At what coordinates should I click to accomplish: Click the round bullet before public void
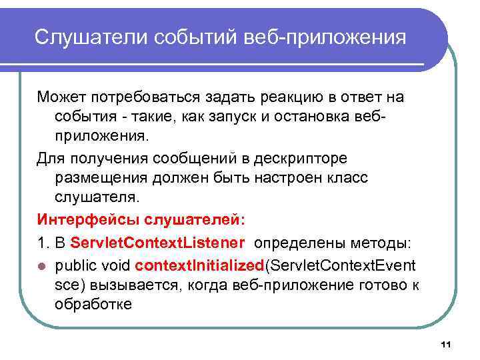tap(41, 266)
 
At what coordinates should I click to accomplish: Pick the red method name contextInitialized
tap(199, 266)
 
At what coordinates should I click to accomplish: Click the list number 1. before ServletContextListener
tap(42, 241)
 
